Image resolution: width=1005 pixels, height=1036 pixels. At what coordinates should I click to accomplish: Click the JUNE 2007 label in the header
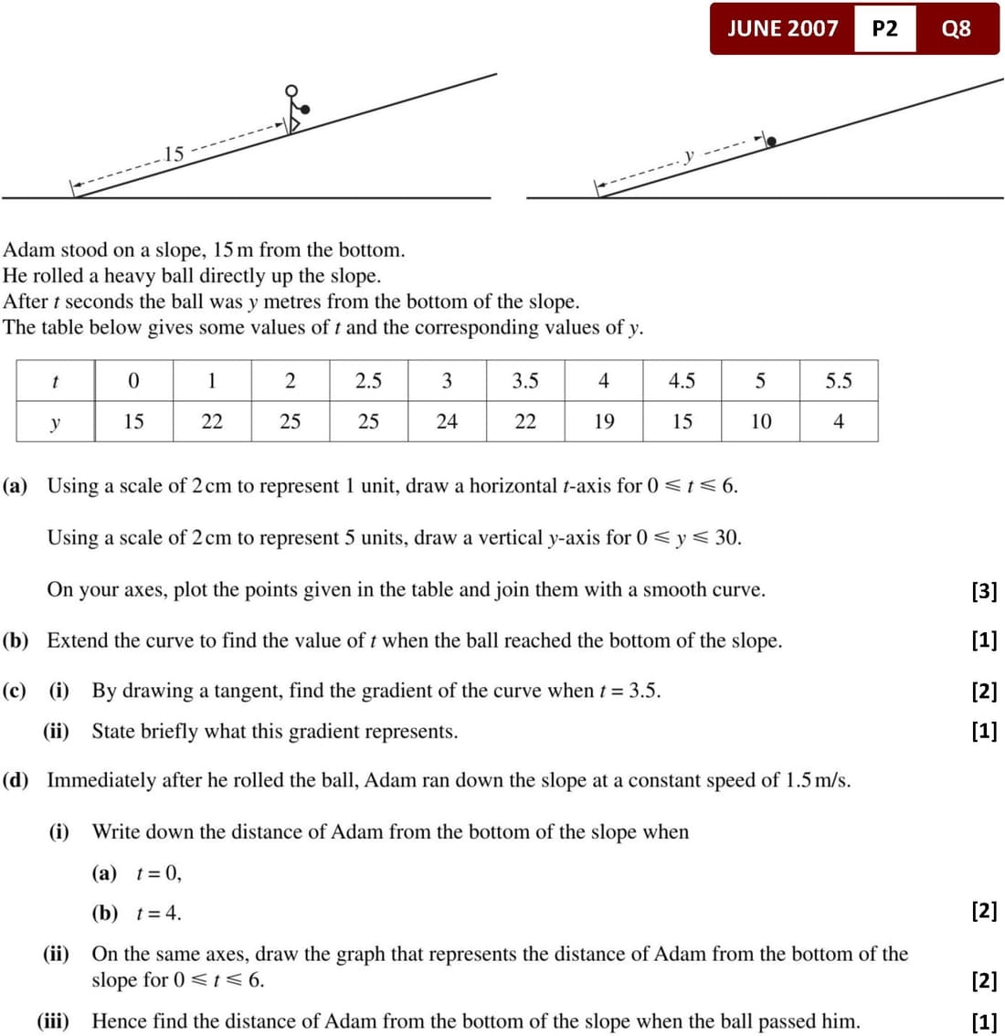pyautogui.click(x=782, y=28)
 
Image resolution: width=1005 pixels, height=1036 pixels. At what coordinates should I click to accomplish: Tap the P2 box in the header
pyautogui.click(x=884, y=28)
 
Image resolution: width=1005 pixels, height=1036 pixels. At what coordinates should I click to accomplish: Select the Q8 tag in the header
pyautogui.click(x=956, y=28)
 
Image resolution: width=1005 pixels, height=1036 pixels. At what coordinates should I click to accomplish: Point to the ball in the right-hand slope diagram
pyautogui.click(x=772, y=142)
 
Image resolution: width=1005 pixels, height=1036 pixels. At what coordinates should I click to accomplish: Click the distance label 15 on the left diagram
pyautogui.click(x=174, y=153)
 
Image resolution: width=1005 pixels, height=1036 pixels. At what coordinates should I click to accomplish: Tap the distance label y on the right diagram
pyautogui.click(x=690, y=155)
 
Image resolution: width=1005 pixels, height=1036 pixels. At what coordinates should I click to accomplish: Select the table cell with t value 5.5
pyautogui.click(x=838, y=381)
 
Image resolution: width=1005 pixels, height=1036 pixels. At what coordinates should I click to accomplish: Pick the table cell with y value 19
pyautogui.click(x=604, y=421)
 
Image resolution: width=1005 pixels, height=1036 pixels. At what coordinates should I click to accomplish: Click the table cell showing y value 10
pyautogui.click(x=760, y=421)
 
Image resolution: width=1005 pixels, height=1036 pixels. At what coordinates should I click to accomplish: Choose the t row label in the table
pyautogui.click(x=55, y=381)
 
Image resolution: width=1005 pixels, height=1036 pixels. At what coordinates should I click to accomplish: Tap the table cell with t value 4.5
pyautogui.click(x=682, y=381)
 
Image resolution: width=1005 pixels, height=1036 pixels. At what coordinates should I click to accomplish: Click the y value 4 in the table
pyautogui.click(x=838, y=421)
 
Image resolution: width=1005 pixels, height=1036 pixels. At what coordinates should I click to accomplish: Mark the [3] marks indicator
pyautogui.click(x=984, y=590)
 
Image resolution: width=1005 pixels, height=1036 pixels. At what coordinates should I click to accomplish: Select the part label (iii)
pyautogui.click(x=54, y=1020)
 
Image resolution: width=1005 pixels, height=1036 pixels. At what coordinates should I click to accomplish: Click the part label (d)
pyautogui.click(x=16, y=780)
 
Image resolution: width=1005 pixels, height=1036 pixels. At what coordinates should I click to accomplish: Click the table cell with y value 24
pyautogui.click(x=447, y=421)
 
